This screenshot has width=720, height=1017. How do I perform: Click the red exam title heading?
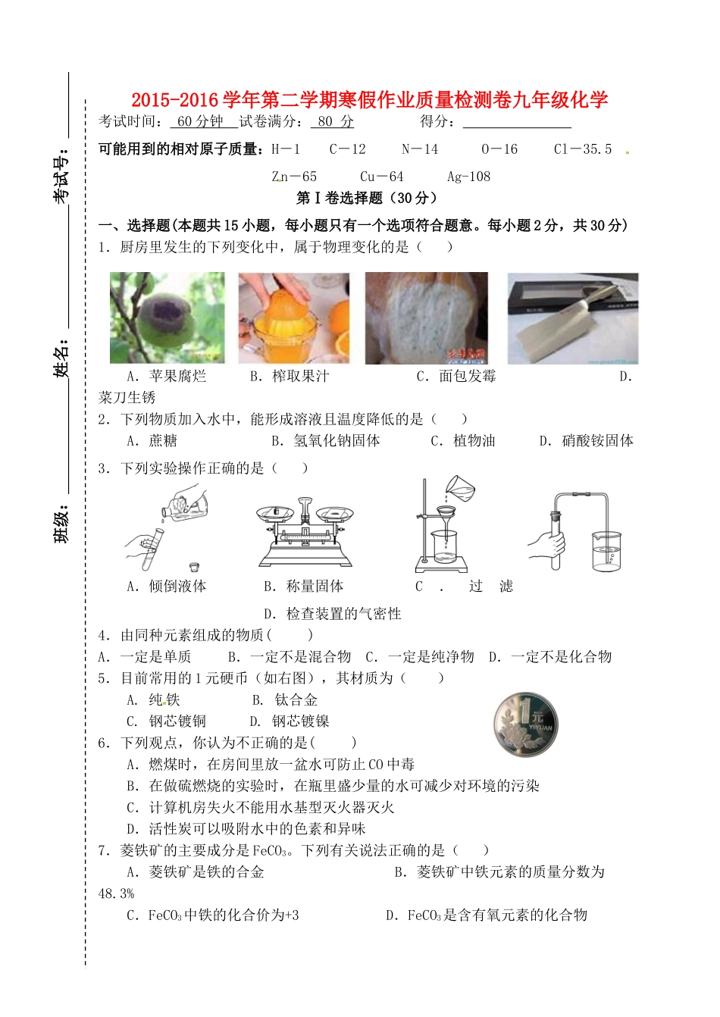point(369,99)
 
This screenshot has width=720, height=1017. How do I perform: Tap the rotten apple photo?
point(167,318)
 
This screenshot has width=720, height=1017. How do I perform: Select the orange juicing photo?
point(294,318)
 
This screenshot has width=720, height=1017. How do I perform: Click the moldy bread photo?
point(426,318)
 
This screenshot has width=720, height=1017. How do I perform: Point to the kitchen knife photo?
point(573,318)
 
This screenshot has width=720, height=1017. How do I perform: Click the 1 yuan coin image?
point(525,724)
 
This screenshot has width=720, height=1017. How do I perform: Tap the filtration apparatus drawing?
point(446,527)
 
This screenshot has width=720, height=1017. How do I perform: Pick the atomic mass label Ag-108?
point(468,177)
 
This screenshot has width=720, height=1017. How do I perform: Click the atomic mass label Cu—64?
point(381,177)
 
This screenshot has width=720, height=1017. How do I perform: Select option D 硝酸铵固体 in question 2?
point(587,441)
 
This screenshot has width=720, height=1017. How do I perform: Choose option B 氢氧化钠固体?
point(326,441)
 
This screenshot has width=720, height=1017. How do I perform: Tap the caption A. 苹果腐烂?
point(167,377)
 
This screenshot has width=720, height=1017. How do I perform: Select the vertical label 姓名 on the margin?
point(61,358)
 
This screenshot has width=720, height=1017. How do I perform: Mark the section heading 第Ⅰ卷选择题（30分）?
point(367,199)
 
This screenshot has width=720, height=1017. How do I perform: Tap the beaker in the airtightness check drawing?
point(606,552)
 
